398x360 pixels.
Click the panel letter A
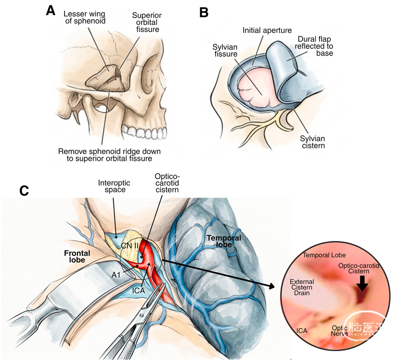51,11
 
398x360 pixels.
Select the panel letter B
204,13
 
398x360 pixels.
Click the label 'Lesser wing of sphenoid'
85,17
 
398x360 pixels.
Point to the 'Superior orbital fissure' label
147,22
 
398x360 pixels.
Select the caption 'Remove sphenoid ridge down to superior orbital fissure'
109,155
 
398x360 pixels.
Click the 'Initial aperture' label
267,31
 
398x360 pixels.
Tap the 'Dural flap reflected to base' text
314,46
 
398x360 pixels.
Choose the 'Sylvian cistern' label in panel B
313,142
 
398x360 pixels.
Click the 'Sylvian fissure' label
225,50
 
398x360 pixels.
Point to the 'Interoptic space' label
114,186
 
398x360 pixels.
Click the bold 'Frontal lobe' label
77,257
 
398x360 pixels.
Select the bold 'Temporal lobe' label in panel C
224,241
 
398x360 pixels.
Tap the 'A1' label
116,275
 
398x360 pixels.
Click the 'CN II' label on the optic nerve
130,246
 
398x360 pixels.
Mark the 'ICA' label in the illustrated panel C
138,290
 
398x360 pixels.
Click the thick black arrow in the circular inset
363,283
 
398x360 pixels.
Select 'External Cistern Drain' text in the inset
302,287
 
